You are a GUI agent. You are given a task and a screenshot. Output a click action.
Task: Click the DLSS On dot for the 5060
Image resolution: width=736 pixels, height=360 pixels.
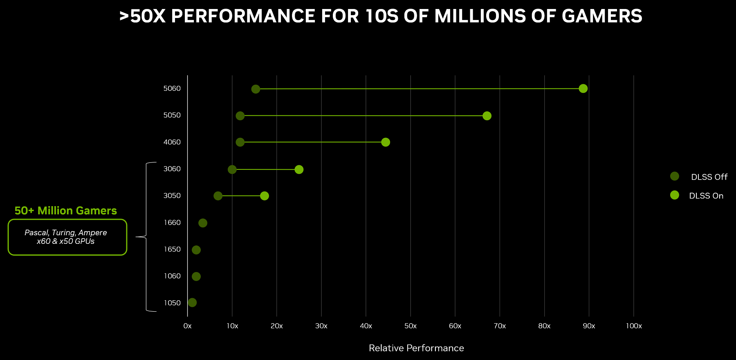583,88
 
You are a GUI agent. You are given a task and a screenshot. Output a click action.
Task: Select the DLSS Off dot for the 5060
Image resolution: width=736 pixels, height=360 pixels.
256,89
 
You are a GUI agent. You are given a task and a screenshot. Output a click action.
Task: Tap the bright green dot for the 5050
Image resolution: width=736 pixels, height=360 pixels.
487,116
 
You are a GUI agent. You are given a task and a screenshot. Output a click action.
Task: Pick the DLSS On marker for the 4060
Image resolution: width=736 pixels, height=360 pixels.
385,142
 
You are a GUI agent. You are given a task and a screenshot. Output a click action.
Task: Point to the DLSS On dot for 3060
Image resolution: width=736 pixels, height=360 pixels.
299,169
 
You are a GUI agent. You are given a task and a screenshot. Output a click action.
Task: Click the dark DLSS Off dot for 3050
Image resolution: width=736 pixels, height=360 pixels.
218,196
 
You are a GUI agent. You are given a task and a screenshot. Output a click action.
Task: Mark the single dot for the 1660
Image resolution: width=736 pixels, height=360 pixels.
203,223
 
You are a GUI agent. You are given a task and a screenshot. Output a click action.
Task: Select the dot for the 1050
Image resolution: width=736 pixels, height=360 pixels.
192,303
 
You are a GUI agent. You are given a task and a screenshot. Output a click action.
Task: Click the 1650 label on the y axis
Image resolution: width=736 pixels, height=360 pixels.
172,250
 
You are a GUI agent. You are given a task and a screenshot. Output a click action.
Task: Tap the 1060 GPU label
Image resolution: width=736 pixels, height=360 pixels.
172,276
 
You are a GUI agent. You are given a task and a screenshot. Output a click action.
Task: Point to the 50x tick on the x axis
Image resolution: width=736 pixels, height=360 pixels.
411,326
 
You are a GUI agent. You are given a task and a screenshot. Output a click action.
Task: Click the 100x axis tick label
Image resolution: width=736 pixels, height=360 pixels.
634,326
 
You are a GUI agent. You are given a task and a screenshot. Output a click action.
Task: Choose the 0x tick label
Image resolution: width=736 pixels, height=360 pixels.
188,326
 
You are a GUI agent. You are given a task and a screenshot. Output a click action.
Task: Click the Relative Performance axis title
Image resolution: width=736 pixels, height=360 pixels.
416,348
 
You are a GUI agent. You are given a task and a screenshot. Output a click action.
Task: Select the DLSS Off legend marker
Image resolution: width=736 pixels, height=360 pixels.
675,176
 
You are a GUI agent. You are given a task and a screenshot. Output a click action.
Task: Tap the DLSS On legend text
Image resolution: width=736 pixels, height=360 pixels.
706,196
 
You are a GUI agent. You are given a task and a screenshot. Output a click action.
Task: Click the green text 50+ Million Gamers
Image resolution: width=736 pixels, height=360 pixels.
66,211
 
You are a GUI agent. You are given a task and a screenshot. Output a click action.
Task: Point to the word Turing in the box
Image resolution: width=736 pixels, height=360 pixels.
63,233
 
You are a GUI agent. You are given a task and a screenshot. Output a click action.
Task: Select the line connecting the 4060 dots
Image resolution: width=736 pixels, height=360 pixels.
313,142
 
